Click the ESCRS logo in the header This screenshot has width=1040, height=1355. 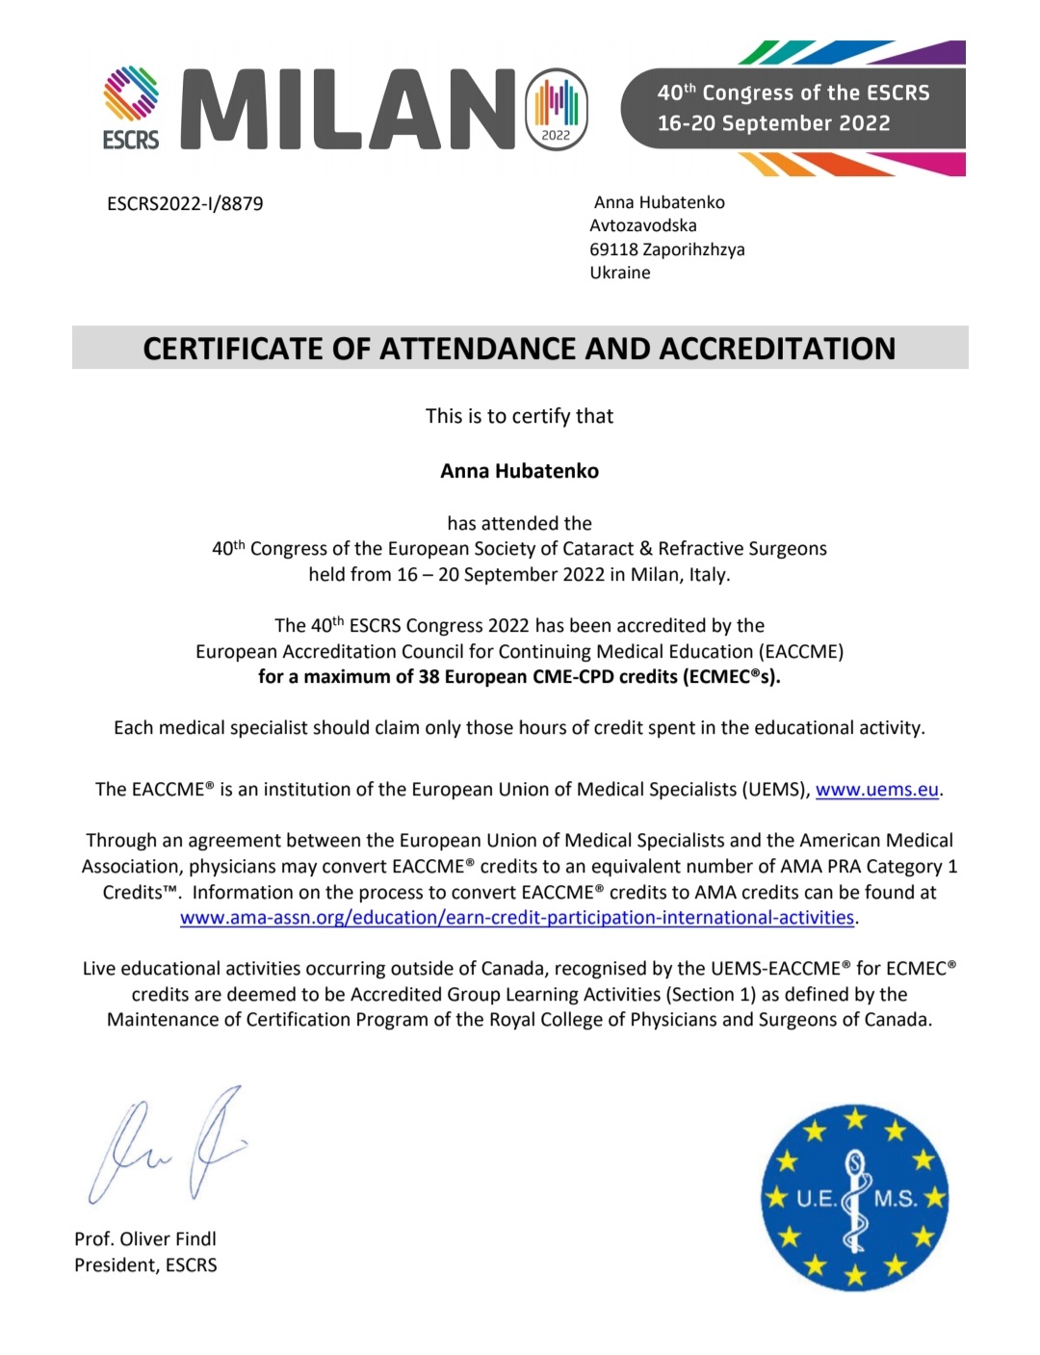[x=131, y=108]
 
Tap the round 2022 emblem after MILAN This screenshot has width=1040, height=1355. [x=557, y=109]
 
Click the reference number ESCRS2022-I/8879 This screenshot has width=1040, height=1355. [x=185, y=204]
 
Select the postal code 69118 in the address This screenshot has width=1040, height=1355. [x=613, y=249]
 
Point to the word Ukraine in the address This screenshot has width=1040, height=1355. [x=620, y=273]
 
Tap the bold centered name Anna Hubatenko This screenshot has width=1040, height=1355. [x=519, y=471]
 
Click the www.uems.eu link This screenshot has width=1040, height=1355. [x=876, y=790]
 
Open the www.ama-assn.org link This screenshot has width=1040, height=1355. [x=517, y=918]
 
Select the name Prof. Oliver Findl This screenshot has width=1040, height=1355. [x=145, y=1239]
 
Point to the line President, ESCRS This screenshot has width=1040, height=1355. [x=145, y=1265]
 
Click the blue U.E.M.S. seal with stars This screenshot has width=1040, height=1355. [x=854, y=1197]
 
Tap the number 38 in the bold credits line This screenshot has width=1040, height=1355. [x=429, y=677]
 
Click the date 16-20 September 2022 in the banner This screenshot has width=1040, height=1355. [x=773, y=123]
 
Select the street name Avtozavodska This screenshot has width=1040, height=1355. [x=643, y=225]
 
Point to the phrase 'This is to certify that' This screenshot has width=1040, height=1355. [x=519, y=416]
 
